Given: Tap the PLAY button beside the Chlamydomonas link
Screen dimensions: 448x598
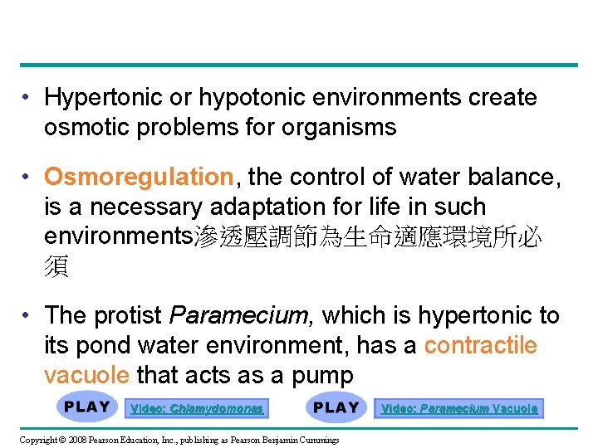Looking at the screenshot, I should click(x=87, y=407).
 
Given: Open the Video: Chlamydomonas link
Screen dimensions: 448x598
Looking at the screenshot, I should click(x=197, y=408).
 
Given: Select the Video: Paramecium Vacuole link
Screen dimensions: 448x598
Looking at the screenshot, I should click(x=459, y=408).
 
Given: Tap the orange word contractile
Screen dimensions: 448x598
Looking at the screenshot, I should click(x=480, y=345).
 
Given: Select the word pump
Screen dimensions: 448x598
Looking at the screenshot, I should click(x=322, y=375).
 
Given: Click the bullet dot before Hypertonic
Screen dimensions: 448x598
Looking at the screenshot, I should click(x=28, y=98).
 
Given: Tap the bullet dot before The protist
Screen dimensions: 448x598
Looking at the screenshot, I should click(x=28, y=315).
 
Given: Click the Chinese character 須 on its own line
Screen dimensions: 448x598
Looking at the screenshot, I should click(x=56, y=266).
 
